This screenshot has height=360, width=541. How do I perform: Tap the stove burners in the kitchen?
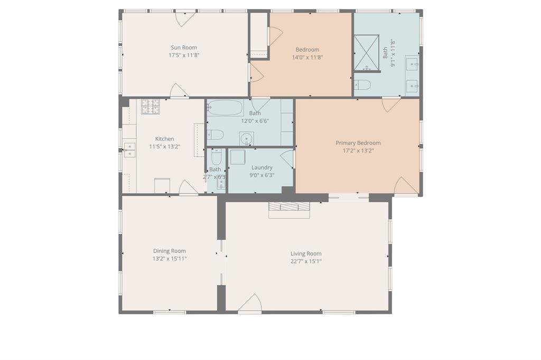click(x=150, y=107)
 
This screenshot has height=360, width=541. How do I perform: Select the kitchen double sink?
click(x=129, y=150)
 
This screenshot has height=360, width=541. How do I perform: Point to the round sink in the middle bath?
click(x=246, y=139)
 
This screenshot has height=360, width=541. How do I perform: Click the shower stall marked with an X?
click(x=366, y=53)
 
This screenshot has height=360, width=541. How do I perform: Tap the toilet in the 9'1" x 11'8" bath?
click(x=362, y=84)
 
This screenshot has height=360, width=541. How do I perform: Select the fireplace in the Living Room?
click(x=289, y=209)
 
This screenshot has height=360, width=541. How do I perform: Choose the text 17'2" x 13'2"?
click(x=358, y=150)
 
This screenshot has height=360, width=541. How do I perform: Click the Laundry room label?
click(x=262, y=167)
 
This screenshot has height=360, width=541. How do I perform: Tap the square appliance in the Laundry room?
click(x=237, y=157)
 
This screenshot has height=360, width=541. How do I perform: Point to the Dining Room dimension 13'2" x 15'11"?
click(x=169, y=259)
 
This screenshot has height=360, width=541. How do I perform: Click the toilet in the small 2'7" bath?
click(x=216, y=157)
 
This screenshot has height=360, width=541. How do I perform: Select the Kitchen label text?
click(x=164, y=139)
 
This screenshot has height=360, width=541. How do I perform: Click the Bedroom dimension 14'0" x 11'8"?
click(x=307, y=57)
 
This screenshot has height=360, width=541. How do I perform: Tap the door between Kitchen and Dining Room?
click(x=189, y=188)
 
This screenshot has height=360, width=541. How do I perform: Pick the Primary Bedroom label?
click(x=358, y=143)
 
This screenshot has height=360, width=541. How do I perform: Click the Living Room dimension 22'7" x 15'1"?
click(x=305, y=261)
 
